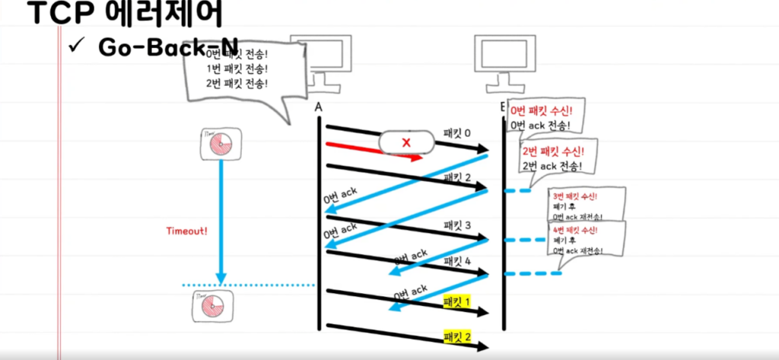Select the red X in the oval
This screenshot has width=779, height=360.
click(x=406, y=142)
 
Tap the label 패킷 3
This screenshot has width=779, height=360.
click(x=457, y=226)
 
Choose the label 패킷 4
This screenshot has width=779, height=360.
click(x=457, y=261)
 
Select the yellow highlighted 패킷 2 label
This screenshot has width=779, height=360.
click(x=457, y=336)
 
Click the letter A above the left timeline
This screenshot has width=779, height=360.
click(x=319, y=108)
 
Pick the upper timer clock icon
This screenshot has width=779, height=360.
click(x=221, y=144)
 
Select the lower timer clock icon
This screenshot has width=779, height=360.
click(x=211, y=305)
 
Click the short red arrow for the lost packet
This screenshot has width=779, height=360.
click(x=373, y=151)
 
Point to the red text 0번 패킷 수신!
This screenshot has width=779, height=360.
click(x=541, y=110)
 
